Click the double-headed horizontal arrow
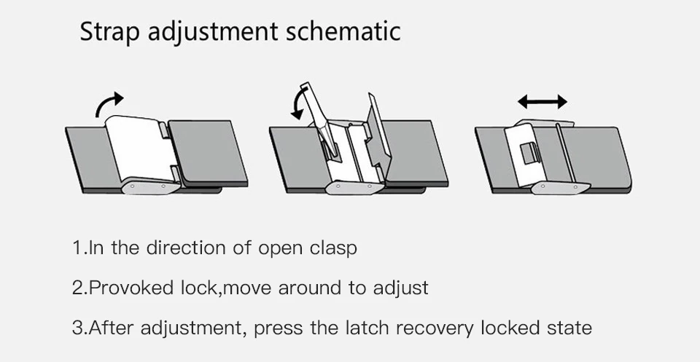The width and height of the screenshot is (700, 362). pos(542,101)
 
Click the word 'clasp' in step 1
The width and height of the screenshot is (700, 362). pos(332,248)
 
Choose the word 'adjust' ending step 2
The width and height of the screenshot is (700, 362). pos(400,288)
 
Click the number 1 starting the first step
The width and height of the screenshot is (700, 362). pos(77,248)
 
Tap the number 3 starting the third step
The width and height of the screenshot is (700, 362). pos(77,327)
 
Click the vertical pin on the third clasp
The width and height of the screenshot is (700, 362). pos(562,153)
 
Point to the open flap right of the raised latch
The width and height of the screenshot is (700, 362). pos(380,138)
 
